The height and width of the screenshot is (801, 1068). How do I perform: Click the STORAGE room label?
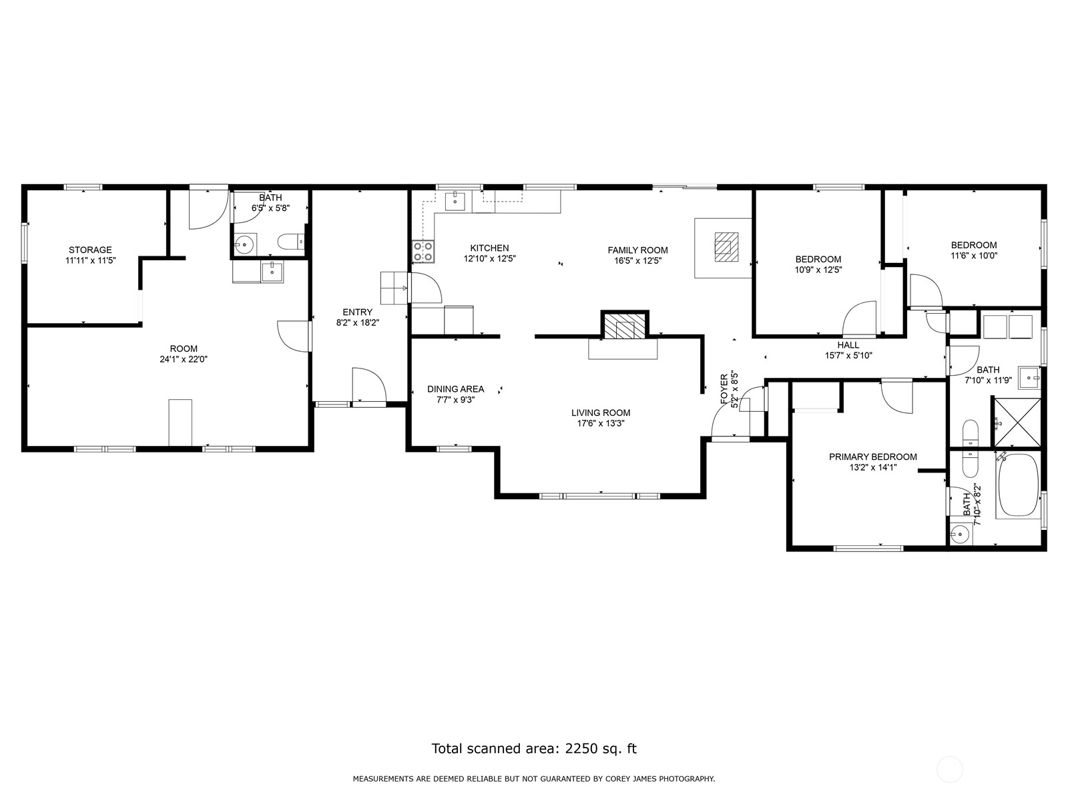90,250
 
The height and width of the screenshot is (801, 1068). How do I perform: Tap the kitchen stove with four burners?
423,252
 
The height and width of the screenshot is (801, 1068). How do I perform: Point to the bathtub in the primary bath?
1018,485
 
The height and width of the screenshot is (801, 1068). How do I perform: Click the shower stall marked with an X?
1017,422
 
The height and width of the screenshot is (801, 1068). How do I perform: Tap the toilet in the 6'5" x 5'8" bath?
292,241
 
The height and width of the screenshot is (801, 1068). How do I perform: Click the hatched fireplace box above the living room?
625,325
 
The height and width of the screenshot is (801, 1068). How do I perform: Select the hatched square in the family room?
726,247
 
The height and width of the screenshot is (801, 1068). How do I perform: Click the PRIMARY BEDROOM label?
873,457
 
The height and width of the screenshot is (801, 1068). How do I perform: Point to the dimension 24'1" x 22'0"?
184,359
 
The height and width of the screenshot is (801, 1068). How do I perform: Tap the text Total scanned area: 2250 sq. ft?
534,748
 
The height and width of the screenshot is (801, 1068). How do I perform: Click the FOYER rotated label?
724,389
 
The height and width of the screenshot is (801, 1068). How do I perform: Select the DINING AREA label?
455,389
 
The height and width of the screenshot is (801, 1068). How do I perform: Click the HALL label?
848,345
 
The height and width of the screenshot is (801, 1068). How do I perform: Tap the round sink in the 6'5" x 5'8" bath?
244,244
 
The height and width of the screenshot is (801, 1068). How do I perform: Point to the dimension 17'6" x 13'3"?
601,423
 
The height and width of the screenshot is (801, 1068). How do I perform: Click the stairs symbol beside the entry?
395,288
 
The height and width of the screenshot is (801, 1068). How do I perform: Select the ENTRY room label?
357,312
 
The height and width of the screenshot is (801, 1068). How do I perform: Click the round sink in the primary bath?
960,535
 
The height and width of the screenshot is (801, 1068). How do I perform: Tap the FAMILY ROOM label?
637,250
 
